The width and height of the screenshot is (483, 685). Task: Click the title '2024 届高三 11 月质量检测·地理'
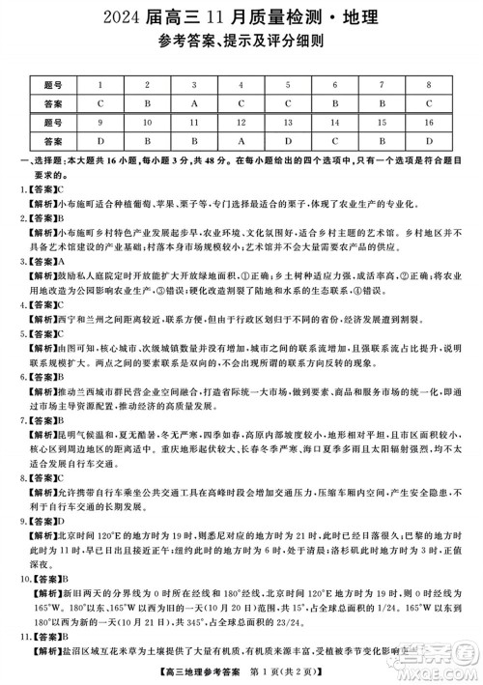tap(241, 16)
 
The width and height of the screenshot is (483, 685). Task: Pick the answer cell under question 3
tap(195, 100)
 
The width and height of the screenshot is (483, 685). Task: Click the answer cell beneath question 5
tap(289, 100)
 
